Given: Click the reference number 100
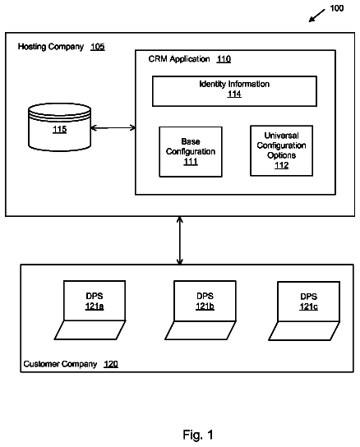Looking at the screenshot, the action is [x=337, y=8].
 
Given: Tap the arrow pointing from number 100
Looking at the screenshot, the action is [x=317, y=16].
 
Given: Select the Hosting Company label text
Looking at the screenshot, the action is [x=51, y=47].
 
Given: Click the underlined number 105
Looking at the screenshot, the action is [x=98, y=47].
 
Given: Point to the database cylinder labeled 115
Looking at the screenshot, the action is [x=60, y=127].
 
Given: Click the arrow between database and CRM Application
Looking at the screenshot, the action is [x=113, y=127].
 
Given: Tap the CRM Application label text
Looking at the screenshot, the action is [x=179, y=59].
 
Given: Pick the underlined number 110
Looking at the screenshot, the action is [x=224, y=59].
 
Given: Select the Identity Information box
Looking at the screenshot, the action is [x=234, y=91].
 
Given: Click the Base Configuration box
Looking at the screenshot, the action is [x=191, y=152].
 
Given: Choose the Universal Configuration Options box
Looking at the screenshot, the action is [x=282, y=150].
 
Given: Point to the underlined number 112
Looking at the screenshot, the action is [x=282, y=165].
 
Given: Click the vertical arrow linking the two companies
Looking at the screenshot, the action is [x=180, y=240].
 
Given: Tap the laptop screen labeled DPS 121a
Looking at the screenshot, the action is [x=95, y=301].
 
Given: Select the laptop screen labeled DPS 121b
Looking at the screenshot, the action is [x=205, y=301].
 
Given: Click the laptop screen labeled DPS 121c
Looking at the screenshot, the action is [x=309, y=302].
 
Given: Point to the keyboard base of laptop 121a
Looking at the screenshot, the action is [x=90, y=329].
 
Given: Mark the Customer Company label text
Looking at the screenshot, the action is [x=60, y=364].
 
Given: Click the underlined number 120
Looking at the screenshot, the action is [x=111, y=364].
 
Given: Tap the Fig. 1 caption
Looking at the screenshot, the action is [x=198, y=435].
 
